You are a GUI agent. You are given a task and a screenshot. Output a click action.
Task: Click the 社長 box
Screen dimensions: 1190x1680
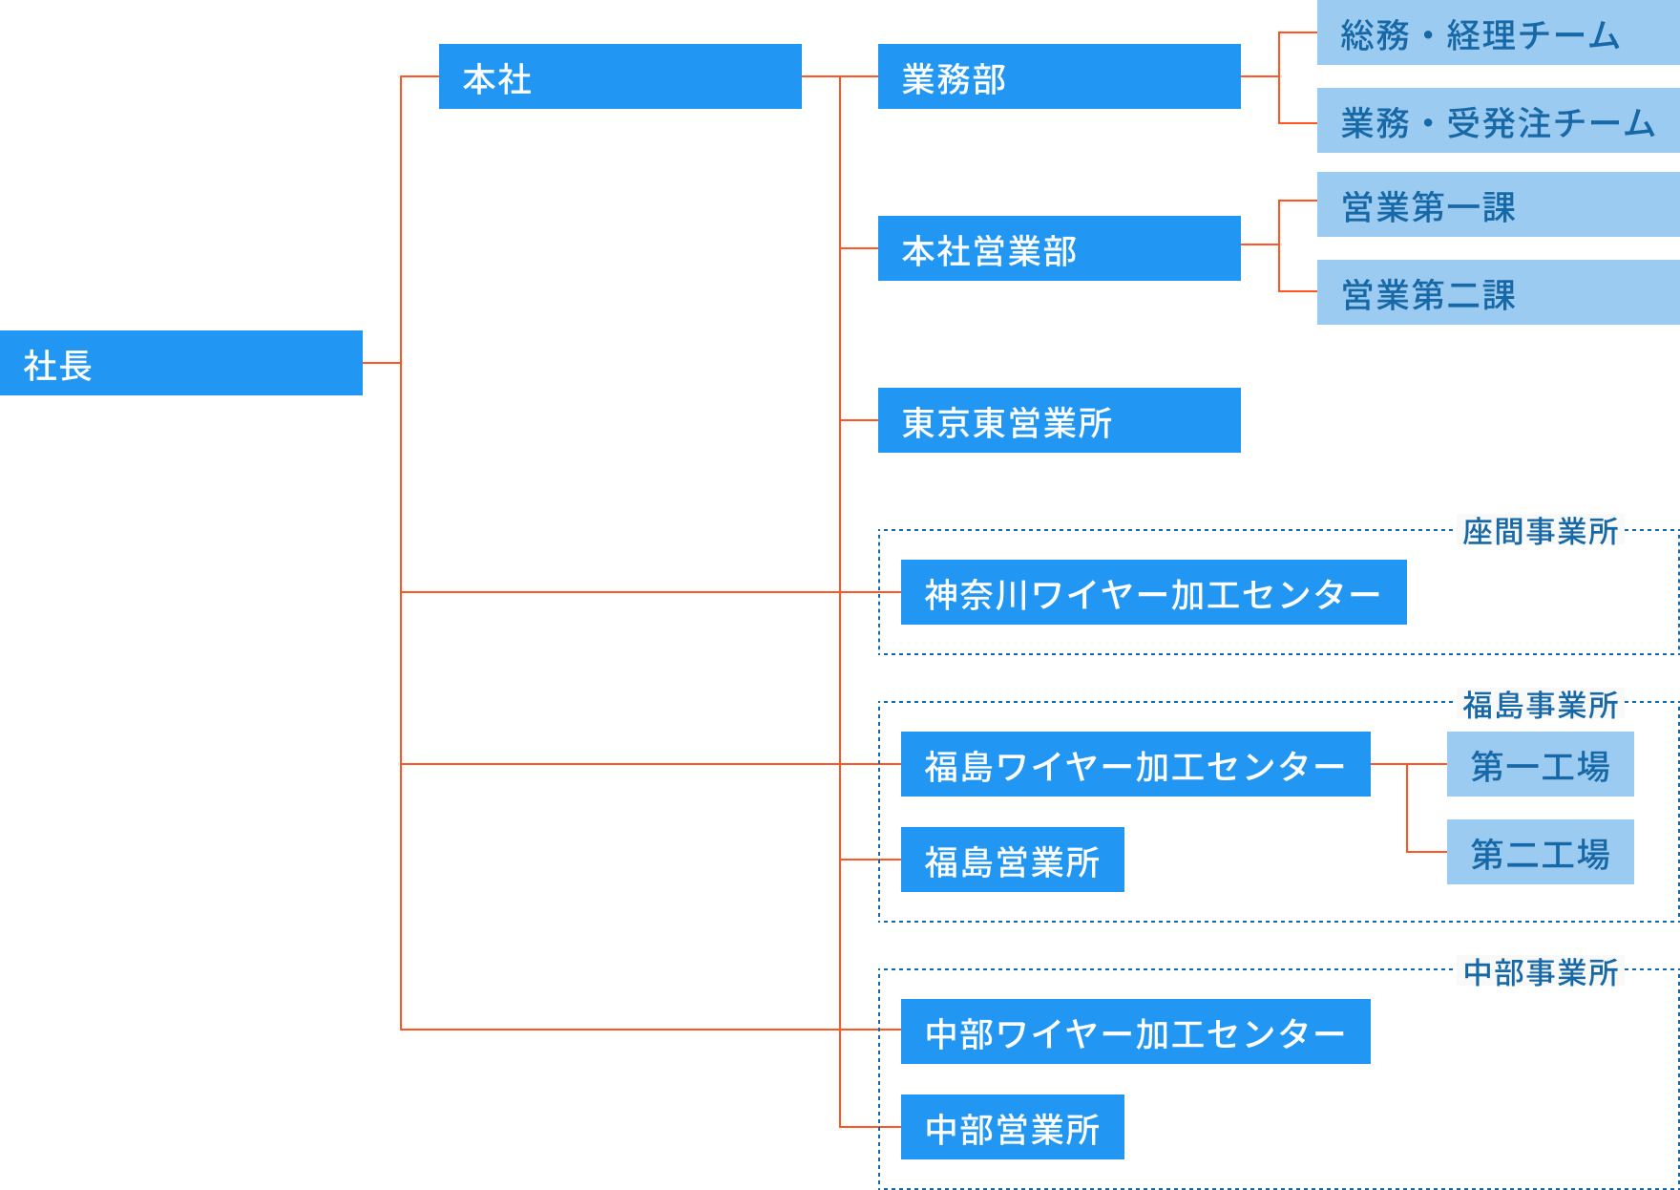pos(181,363)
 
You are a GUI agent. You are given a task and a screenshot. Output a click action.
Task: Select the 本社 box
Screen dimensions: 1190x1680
pos(620,76)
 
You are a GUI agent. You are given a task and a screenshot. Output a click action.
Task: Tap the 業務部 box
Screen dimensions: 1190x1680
pos(1060,76)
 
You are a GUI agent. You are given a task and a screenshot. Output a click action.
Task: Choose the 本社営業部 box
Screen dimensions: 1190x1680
pos(1060,248)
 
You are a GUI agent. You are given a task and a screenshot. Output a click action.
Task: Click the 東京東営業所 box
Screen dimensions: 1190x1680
pos(1060,420)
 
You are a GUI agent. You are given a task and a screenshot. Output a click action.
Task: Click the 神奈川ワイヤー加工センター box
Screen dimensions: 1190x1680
pos(1153,592)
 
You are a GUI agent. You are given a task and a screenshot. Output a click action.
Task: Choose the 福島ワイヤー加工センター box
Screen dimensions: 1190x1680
pos(1135,764)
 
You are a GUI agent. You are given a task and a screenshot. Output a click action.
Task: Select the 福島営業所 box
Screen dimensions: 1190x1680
pos(1012,860)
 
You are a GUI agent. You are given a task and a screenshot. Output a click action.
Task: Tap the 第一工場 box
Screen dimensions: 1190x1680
pos(1540,764)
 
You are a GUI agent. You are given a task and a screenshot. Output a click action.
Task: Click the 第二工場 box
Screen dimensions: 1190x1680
pos(1540,852)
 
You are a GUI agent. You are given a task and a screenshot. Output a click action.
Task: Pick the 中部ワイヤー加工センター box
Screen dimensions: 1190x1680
pos(1135,1031)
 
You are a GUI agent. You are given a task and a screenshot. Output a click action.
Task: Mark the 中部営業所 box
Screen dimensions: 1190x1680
pos(1012,1127)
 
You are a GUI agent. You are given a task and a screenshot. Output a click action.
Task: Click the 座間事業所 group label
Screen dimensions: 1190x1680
pos(1540,530)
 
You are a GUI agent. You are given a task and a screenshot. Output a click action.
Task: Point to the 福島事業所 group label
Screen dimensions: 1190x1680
pos(1540,704)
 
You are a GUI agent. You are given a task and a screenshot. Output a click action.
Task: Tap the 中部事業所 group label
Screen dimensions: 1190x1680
pos(1540,971)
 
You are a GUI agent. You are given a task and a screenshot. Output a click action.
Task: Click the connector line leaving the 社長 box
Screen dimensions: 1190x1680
pos(382,363)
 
